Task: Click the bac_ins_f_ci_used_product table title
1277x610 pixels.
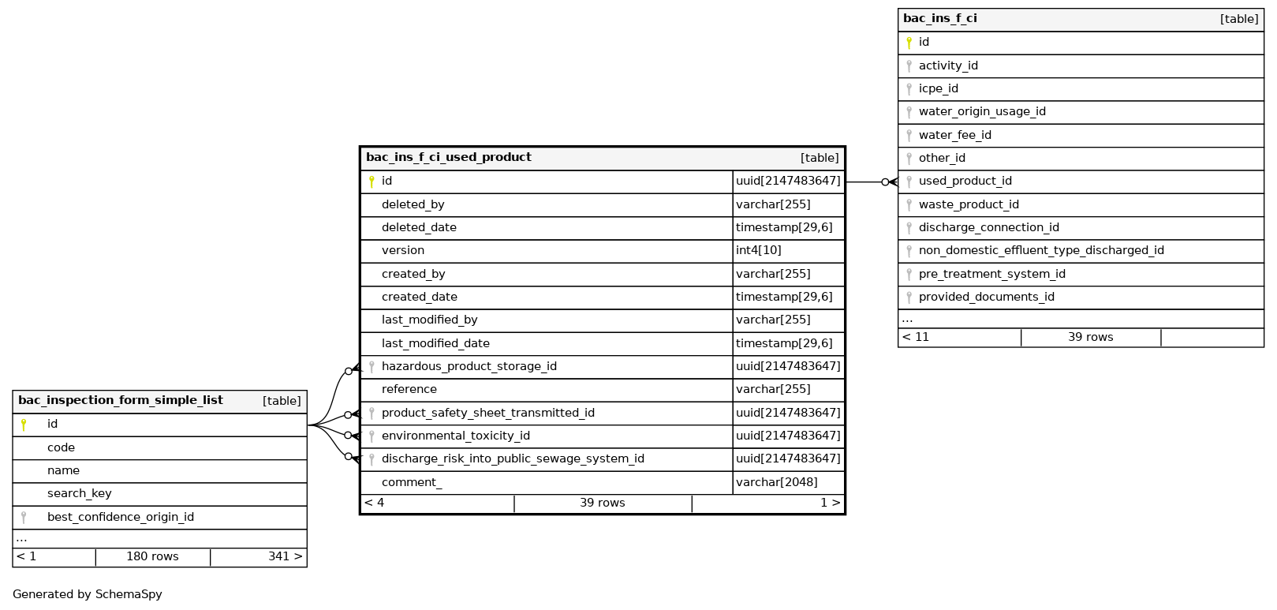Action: (448, 158)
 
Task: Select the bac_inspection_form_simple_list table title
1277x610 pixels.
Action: (120, 401)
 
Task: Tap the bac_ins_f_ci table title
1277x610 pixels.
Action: (939, 19)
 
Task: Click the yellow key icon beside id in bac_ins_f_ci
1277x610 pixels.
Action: (909, 43)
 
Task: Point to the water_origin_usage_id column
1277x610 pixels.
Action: (981, 112)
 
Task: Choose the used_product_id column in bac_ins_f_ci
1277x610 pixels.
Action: (965, 182)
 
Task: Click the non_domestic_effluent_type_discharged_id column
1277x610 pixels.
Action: (1040, 251)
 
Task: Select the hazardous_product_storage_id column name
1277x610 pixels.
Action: (469, 367)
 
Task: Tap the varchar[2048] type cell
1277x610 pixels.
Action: (776, 482)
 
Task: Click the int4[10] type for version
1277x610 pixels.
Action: (758, 251)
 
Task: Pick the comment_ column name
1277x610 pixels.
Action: (411, 482)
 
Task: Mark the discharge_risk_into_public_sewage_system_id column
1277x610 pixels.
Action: (513, 459)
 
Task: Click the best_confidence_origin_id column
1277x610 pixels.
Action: (120, 518)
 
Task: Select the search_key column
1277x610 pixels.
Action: (79, 494)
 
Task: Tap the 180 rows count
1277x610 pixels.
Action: (152, 557)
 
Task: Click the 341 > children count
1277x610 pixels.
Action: (285, 557)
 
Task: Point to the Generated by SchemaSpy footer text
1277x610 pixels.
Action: (87, 595)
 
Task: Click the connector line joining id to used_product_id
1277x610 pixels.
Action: (864, 182)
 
